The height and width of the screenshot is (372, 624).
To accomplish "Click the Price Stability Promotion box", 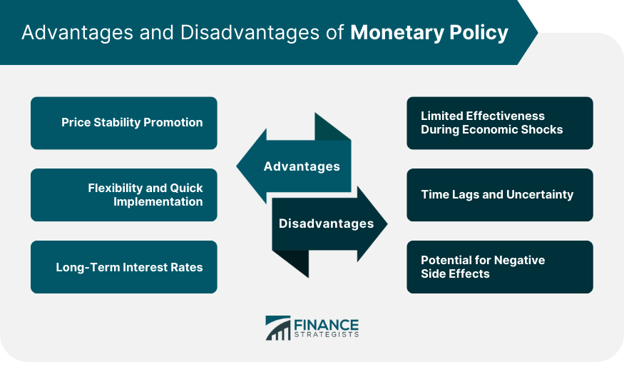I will pyautogui.click(x=123, y=123).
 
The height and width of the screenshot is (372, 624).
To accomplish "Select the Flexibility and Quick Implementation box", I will pyautogui.click(x=123, y=195).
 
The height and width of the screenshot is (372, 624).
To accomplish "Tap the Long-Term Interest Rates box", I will pyautogui.click(x=123, y=267).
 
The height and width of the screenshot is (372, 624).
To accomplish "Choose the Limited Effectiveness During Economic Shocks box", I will pyautogui.click(x=499, y=123).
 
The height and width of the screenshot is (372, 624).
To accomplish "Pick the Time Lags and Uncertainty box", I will pyautogui.click(x=499, y=195).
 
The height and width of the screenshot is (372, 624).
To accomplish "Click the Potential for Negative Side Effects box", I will pyautogui.click(x=499, y=267).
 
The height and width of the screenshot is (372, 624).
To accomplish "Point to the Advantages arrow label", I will pyautogui.click(x=302, y=166).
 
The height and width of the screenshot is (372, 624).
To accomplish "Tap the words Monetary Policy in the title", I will pyautogui.click(x=429, y=33).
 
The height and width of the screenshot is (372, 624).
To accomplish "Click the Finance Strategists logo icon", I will pyautogui.click(x=277, y=328).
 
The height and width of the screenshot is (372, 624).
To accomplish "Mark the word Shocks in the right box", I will pyautogui.click(x=542, y=129).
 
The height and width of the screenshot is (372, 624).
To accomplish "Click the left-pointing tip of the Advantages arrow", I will pyautogui.click(x=240, y=167).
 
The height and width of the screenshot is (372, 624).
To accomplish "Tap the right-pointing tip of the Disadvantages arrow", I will pyautogui.click(x=385, y=224).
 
